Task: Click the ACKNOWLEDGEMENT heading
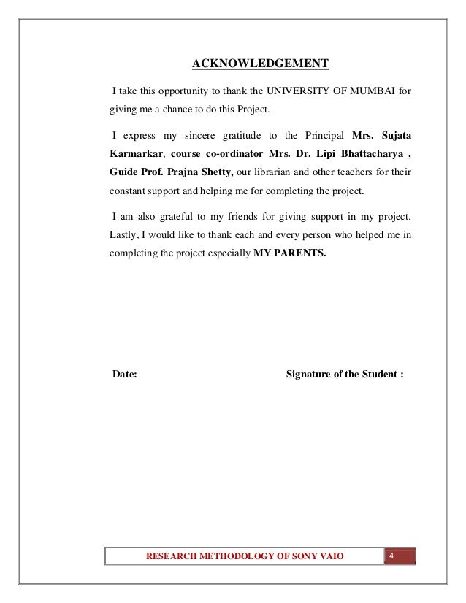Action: [260, 64]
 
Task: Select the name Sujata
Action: [395, 136]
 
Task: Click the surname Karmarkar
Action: [137, 155]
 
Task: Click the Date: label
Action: [124, 375]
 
